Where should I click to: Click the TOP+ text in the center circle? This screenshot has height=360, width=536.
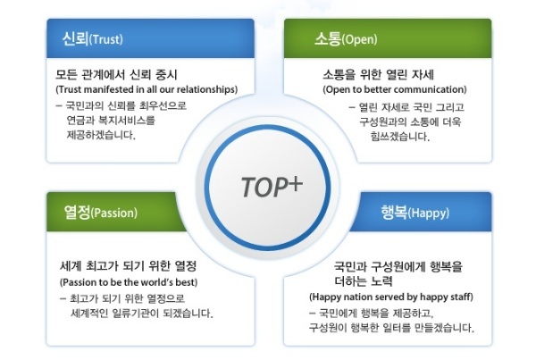[272, 187]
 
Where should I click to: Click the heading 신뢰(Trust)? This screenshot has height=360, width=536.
[92, 38]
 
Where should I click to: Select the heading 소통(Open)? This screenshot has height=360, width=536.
[346, 38]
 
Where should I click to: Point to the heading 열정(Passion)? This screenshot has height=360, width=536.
[100, 213]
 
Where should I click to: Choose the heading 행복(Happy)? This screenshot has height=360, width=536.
[415, 213]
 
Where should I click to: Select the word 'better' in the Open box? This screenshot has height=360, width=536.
[376, 89]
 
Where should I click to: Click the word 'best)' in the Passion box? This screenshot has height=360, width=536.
[187, 282]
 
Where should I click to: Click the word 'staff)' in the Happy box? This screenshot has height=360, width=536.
[462, 297]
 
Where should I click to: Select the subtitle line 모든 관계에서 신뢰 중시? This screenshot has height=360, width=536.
[116, 74]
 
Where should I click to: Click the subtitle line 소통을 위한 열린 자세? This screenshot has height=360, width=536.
[379, 74]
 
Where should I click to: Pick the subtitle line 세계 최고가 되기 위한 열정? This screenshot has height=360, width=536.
[128, 266]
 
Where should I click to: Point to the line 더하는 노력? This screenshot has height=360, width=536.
[364, 281]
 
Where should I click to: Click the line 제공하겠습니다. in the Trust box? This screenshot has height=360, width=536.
[101, 135]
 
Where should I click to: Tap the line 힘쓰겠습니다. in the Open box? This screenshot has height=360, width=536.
[400, 137]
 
